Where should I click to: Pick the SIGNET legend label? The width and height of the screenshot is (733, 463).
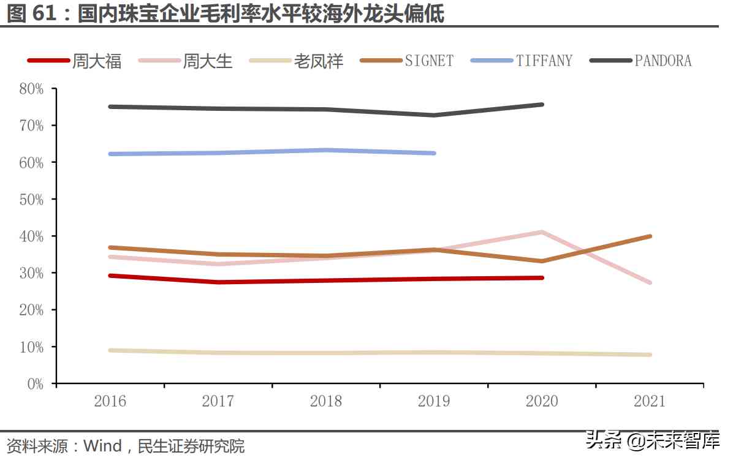[x=429, y=61]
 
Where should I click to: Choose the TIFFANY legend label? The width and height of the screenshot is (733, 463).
[x=544, y=61]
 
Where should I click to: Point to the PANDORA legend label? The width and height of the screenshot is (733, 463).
[x=663, y=61]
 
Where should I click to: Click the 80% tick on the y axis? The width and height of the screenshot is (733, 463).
[x=31, y=89]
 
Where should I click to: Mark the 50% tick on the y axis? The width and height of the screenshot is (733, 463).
[x=31, y=199]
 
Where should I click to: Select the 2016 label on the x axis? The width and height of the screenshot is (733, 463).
[x=110, y=401]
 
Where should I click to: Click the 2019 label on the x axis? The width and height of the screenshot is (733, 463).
[x=434, y=401]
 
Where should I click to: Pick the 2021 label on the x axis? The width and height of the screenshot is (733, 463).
[x=650, y=401]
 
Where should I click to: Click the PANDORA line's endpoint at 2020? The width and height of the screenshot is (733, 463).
[x=542, y=105]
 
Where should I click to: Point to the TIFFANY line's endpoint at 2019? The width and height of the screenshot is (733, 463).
[x=434, y=153]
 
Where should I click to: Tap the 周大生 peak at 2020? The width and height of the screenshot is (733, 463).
[x=542, y=232]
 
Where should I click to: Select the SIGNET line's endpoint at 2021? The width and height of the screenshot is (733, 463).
[x=649, y=236]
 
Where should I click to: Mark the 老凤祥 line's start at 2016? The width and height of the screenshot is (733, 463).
[x=110, y=350]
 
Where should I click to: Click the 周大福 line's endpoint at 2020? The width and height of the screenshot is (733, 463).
[x=542, y=277]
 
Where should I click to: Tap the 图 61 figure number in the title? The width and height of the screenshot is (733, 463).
[x=34, y=13]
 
